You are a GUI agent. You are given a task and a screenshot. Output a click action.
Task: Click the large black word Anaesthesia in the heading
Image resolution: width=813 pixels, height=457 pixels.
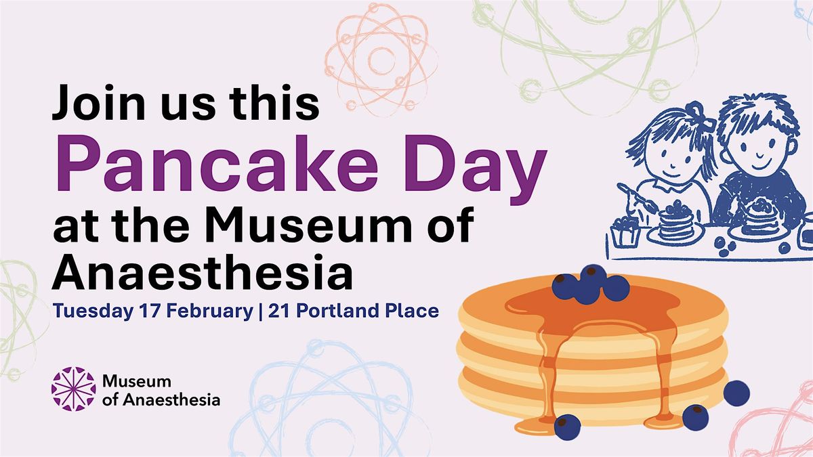[203, 272]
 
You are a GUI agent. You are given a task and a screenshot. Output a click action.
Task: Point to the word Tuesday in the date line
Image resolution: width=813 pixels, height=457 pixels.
[93, 311]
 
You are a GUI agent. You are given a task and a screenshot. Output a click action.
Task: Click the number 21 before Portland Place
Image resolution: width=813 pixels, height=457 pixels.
[278, 311]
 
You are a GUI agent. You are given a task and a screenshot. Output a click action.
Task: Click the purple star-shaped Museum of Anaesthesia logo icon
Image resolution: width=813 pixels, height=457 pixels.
[74, 389]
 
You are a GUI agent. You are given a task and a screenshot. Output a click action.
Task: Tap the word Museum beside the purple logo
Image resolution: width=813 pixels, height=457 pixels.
[137, 382]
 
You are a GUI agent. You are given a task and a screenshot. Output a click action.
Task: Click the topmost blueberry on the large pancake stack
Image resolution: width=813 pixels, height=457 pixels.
[592, 278]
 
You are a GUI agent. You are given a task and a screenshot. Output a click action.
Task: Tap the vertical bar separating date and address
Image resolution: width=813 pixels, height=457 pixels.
[261, 311]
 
